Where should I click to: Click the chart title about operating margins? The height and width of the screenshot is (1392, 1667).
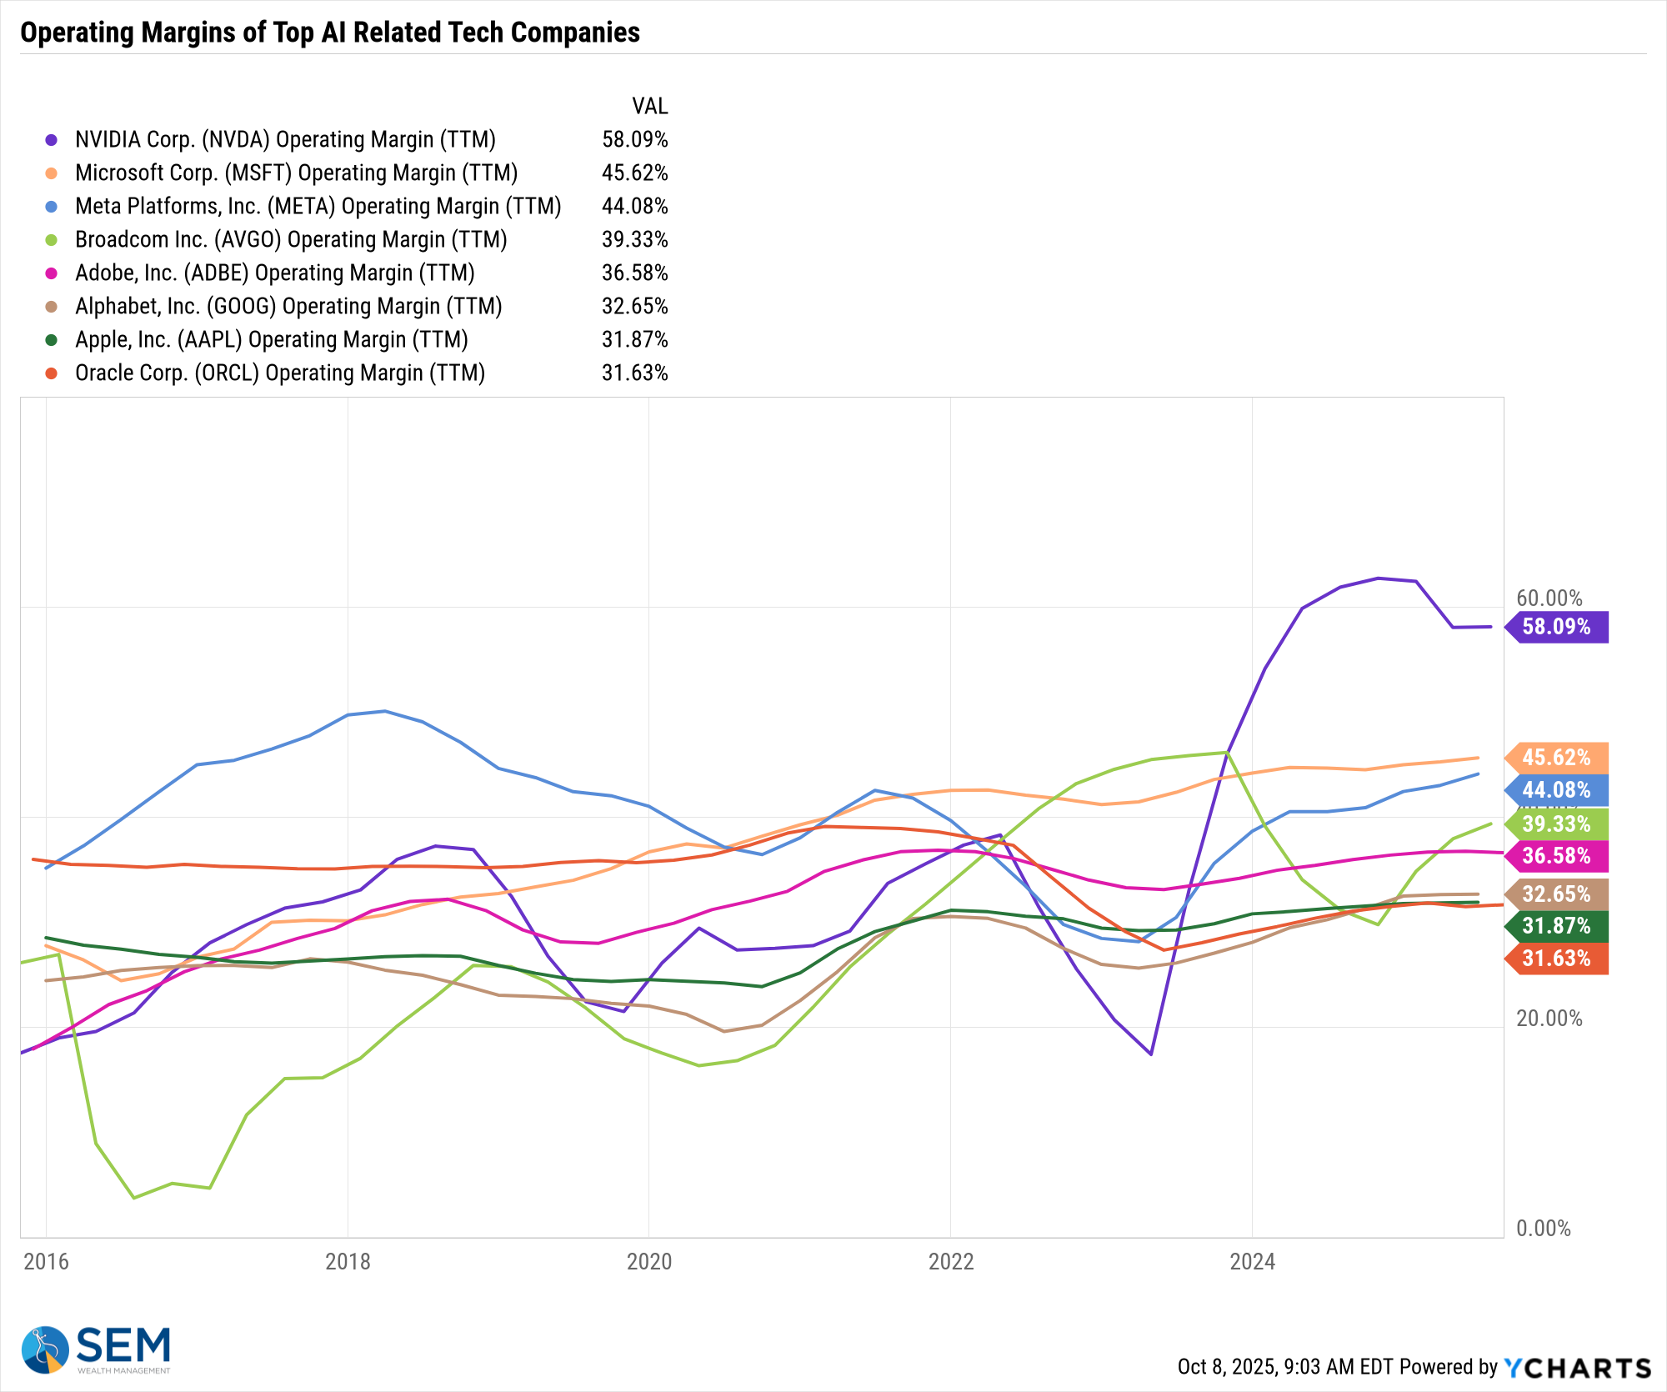click(x=330, y=33)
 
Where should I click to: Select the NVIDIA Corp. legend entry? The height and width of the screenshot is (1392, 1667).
click(x=285, y=139)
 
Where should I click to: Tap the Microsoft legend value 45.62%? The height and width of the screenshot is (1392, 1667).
click(x=634, y=173)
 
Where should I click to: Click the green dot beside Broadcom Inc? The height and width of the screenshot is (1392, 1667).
click(x=52, y=240)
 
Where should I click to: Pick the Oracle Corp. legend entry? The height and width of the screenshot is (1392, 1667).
click(x=280, y=373)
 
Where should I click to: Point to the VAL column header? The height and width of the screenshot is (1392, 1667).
click(x=649, y=106)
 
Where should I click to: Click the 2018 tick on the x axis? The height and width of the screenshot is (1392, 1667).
click(x=348, y=1261)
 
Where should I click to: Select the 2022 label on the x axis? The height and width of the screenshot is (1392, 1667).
click(x=951, y=1261)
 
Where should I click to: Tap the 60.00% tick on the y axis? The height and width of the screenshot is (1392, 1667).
click(x=1549, y=598)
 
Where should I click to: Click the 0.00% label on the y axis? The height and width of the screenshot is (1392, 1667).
click(x=1543, y=1228)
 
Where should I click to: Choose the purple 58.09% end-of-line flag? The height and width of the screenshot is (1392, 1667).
click(x=1556, y=627)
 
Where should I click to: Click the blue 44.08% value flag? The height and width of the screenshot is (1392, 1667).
click(x=1556, y=790)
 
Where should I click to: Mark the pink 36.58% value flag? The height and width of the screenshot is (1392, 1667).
click(x=1556, y=856)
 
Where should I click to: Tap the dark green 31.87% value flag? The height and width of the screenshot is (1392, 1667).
click(x=1556, y=926)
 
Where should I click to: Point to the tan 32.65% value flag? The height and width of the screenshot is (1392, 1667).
click(x=1556, y=894)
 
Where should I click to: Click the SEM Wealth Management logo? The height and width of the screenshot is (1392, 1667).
click(x=96, y=1349)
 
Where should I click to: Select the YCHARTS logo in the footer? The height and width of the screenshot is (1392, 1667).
click(x=1577, y=1368)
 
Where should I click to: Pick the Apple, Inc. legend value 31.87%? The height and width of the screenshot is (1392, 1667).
click(x=634, y=339)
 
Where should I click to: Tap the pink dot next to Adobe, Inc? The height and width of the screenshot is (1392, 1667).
click(x=52, y=273)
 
